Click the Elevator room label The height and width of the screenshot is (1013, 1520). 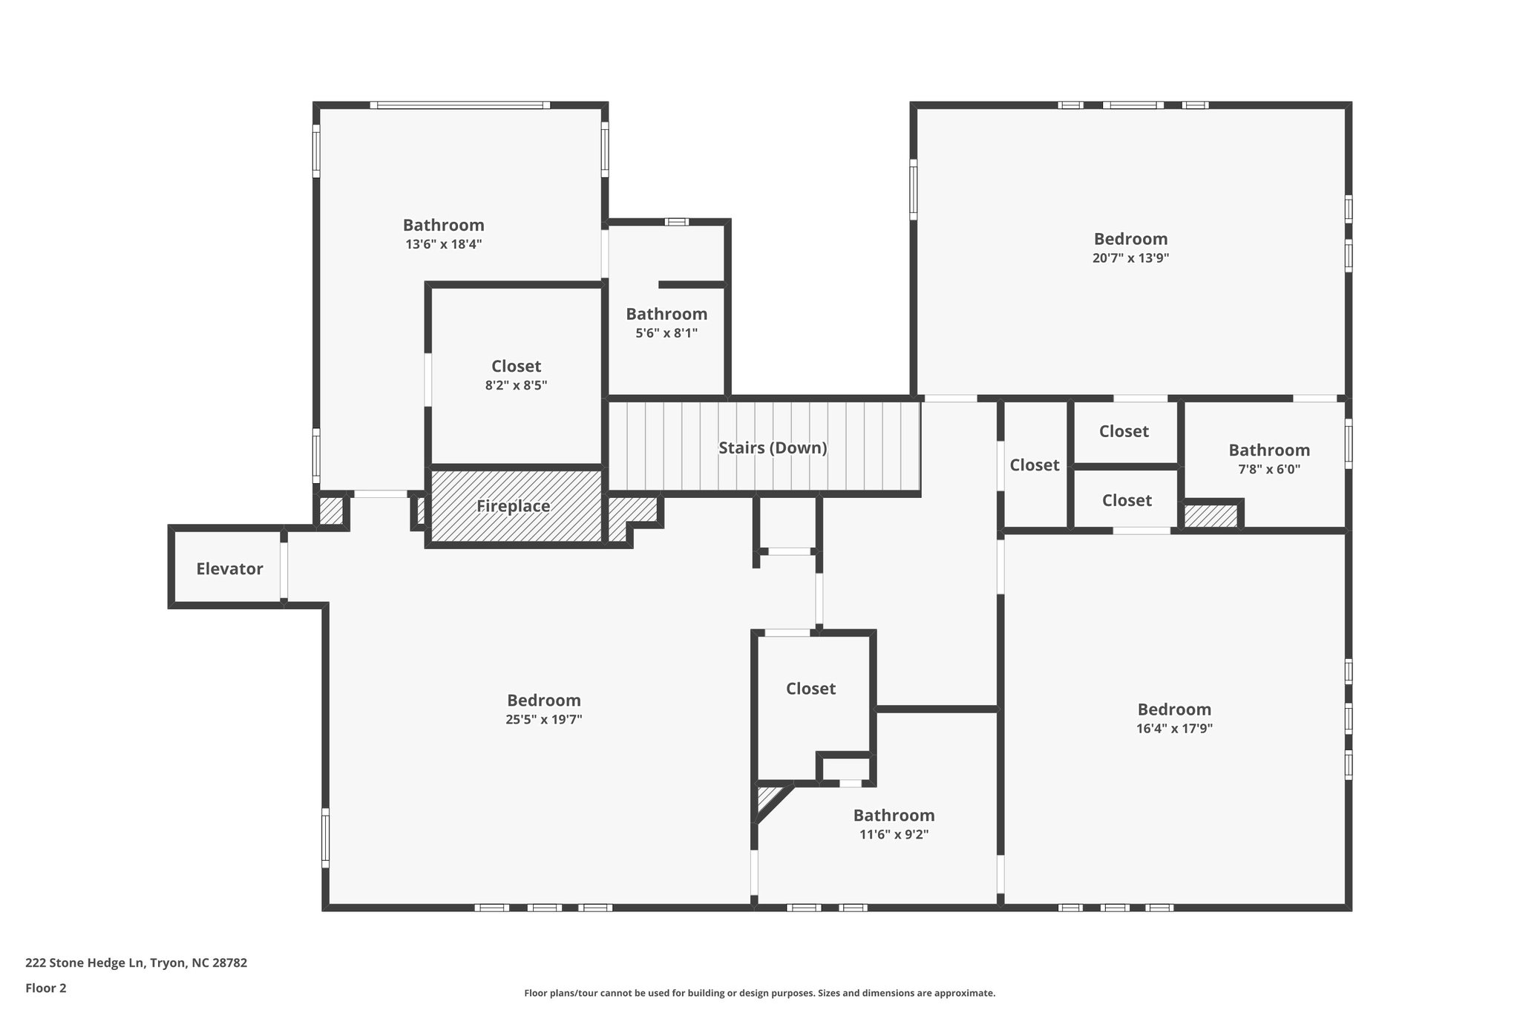pos(229,569)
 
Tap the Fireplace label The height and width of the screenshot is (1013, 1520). pos(513,506)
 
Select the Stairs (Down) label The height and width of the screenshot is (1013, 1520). pos(772,448)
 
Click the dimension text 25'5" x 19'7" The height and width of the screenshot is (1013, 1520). pos(543,719)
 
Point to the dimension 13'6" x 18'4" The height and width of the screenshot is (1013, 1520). pos(443,244)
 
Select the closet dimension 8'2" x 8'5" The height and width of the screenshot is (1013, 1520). pos(516,385)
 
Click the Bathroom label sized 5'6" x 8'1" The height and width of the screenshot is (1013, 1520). pos(666,314)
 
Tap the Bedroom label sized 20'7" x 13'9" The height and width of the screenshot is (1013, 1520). pos(1130,239)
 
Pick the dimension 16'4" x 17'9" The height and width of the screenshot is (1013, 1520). pos(1173,729)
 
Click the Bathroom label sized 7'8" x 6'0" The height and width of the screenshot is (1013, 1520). pos(1268,450)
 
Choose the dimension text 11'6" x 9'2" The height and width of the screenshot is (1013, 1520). pos(894,834)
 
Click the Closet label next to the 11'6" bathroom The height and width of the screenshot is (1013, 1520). pos(810,689)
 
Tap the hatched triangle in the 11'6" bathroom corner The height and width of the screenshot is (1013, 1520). pos(766,799)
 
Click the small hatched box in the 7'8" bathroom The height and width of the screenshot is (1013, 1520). pos(1211,517)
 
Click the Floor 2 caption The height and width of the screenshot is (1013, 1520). pos(46,988)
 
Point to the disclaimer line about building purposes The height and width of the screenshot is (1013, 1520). pos(759,993)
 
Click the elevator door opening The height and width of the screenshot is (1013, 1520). pos(284,568)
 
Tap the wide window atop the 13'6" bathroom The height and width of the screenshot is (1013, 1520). pos(460,105)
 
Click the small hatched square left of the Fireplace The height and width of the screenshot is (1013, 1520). pos(331,511)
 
